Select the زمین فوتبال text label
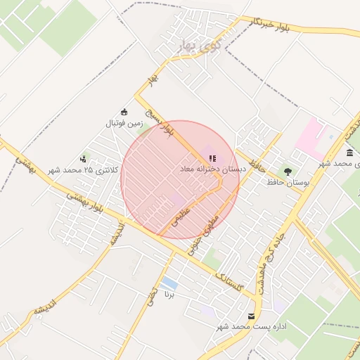click(x=124, y=123)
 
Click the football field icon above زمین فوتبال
click(x=124, y=112)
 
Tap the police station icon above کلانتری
click(x=84, y=158)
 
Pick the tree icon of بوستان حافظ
click(x=287, y=171)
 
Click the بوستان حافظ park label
click(x=288, y=182)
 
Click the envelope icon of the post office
click(x=252, y=316)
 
